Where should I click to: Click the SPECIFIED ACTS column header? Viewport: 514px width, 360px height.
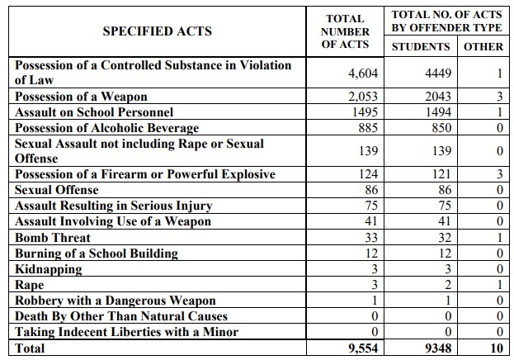157,31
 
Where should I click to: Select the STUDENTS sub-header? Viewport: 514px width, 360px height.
421,46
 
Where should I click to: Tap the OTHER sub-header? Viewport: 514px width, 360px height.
483,46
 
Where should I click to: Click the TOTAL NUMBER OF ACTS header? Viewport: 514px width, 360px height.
346,31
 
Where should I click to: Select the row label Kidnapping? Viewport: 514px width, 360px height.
49,269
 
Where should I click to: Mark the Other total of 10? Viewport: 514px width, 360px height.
495,348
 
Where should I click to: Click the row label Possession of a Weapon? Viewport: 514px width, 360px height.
81,97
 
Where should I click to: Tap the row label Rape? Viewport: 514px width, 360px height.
30,285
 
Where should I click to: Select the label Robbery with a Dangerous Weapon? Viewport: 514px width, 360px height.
116,301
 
